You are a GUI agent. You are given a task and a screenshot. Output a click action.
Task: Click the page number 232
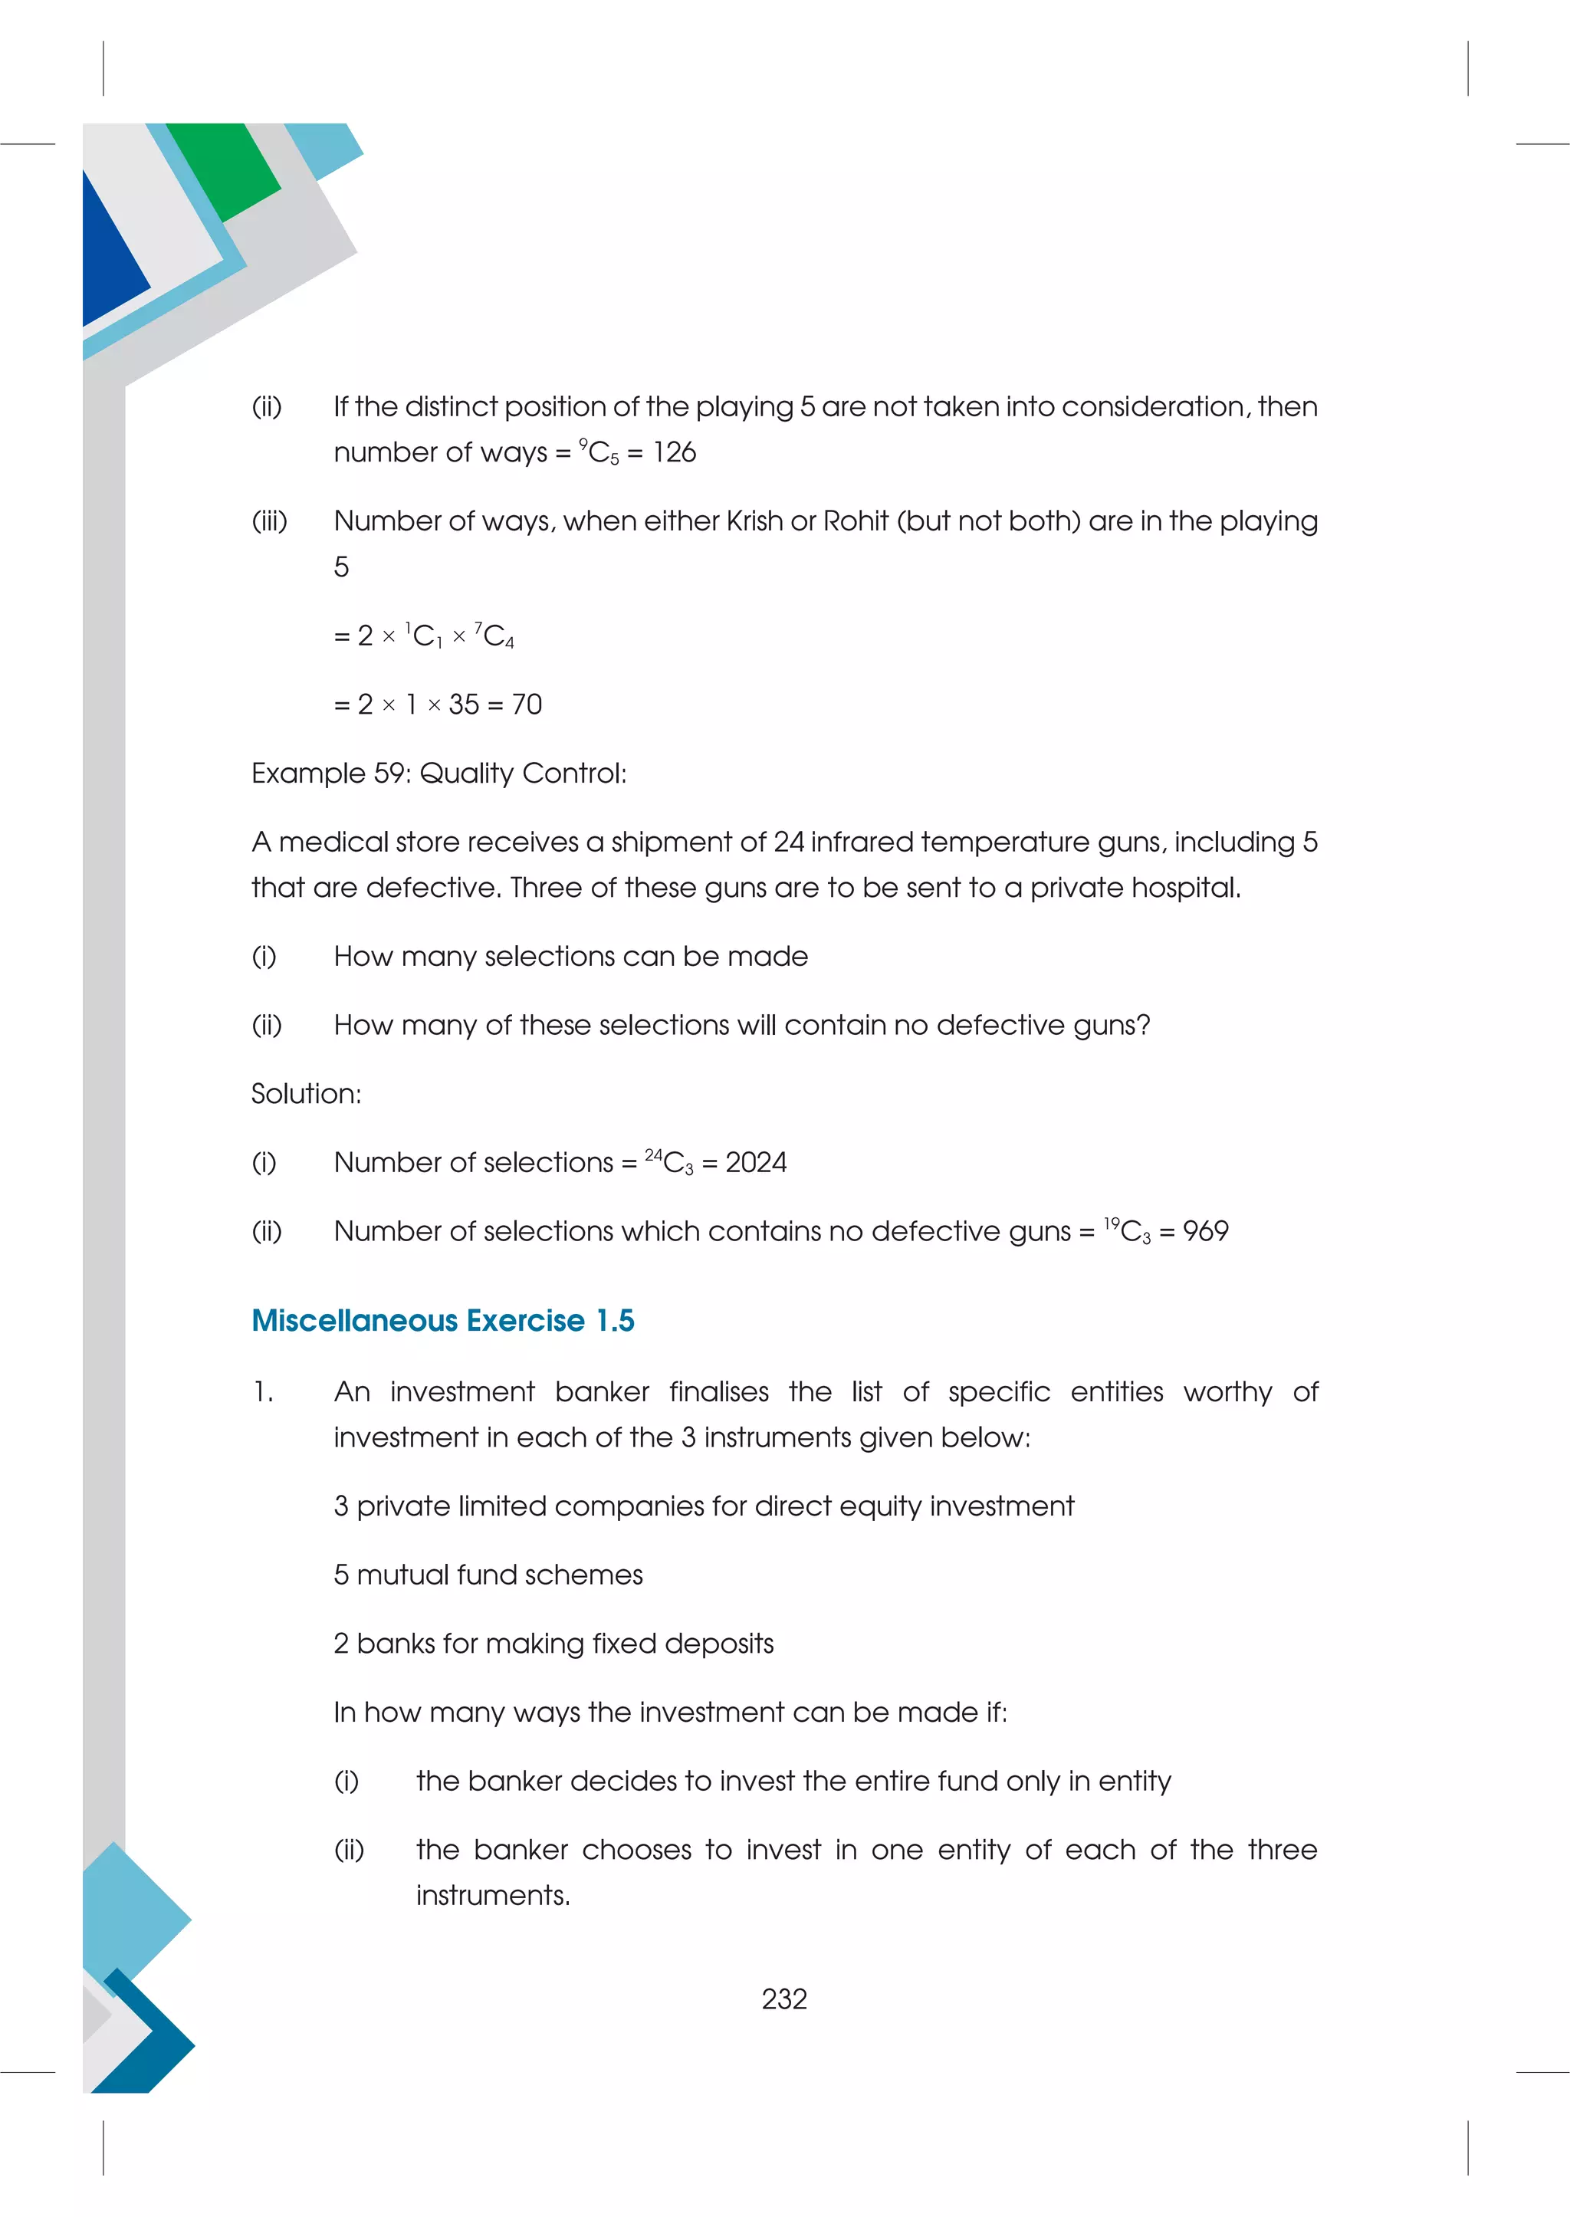784,1999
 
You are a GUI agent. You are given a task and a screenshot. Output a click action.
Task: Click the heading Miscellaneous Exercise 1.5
443,1321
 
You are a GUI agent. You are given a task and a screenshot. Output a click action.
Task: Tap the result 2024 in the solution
756,1162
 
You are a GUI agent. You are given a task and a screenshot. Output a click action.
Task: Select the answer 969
1206,1231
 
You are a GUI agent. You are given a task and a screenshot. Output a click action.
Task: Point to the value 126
674,452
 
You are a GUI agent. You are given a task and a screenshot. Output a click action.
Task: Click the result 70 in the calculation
527,704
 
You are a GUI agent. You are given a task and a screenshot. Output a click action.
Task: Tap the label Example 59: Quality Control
439,773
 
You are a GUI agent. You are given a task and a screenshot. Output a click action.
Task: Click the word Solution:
306,1093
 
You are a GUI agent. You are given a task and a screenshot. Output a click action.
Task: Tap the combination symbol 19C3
1126,1231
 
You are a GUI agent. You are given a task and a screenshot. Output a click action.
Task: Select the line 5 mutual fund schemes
488,1575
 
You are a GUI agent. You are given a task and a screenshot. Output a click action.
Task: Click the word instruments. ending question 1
492,1896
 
